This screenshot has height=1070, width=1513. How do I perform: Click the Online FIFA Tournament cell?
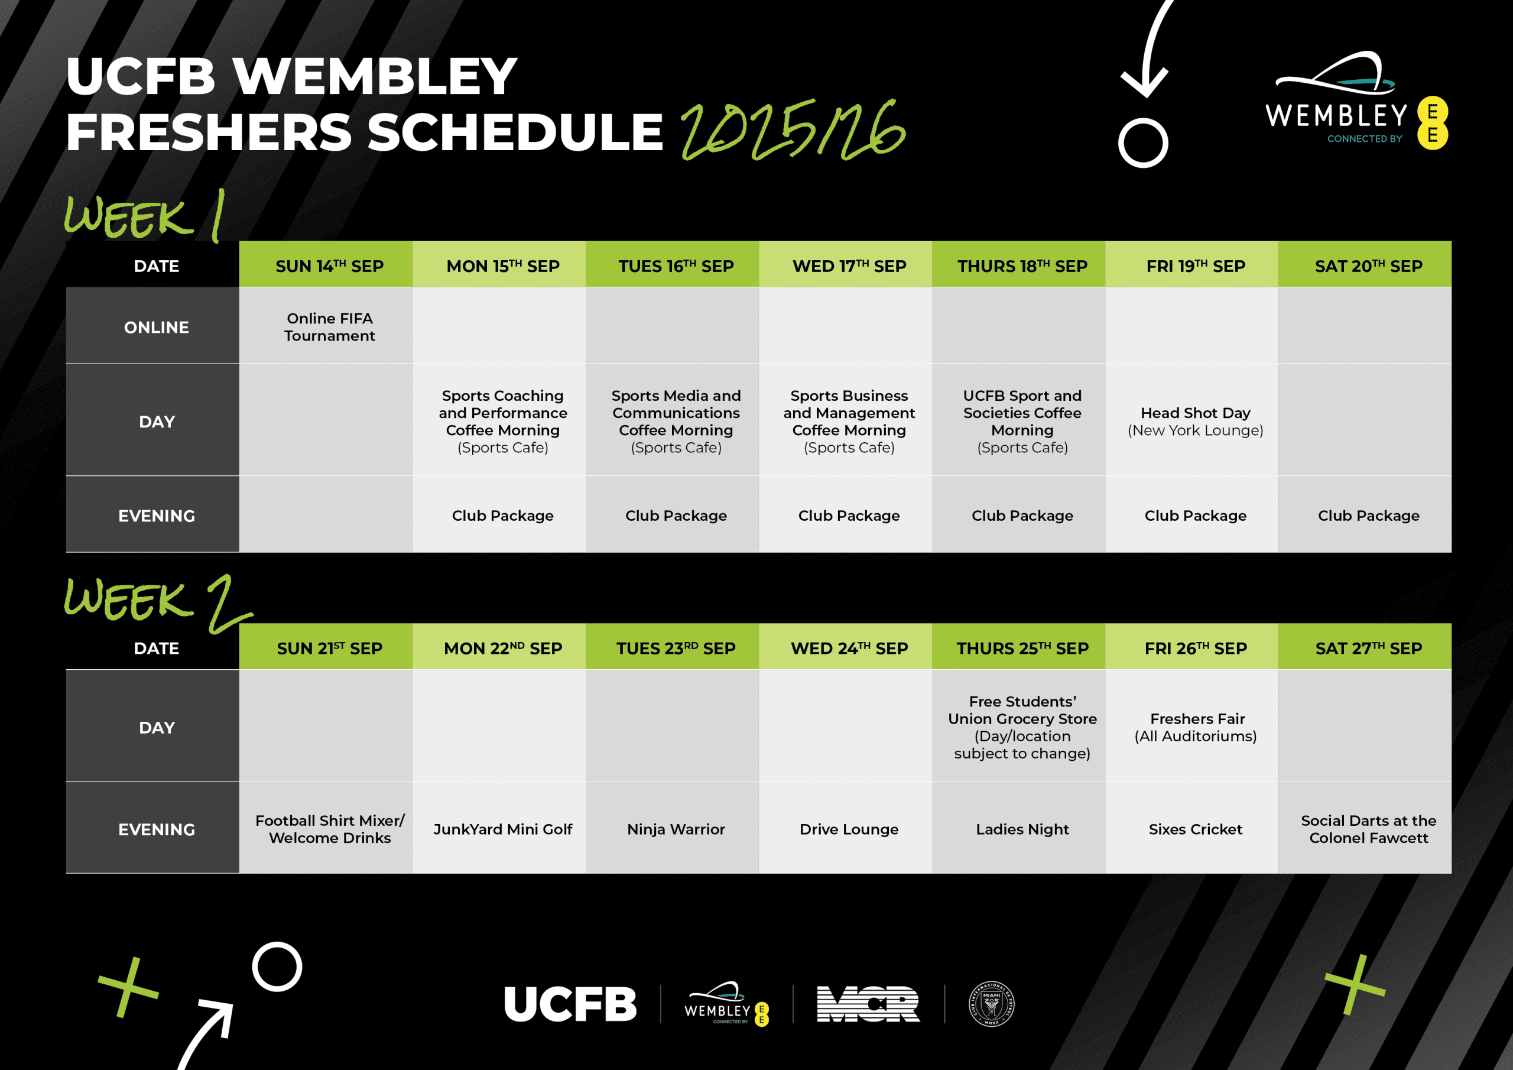point(329,327)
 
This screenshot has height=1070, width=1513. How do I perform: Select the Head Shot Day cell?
point(1196,421)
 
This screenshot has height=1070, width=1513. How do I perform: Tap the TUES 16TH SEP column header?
point(676,265)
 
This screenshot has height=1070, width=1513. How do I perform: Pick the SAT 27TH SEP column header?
point(1368,648)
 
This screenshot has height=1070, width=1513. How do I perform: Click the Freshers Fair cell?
point(1196,727)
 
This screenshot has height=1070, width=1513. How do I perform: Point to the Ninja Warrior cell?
point(676,829)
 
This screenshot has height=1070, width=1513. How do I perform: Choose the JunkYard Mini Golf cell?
point(502,829)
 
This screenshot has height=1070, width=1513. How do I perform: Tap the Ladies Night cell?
point(1022,829)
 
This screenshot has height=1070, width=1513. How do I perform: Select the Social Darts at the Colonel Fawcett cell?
point(1368,829)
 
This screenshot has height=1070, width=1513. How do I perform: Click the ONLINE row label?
point(156,327)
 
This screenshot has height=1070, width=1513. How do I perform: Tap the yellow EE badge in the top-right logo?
point(1433,124)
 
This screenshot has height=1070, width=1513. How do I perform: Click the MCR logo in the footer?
point(868,1004)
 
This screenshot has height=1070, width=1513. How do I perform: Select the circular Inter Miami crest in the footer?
point(991,1004)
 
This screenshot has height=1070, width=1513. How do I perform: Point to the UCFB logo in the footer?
point(570,1004)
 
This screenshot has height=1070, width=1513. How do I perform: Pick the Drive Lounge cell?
point(849,829)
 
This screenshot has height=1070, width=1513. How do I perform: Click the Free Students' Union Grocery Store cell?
point(1022,727)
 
